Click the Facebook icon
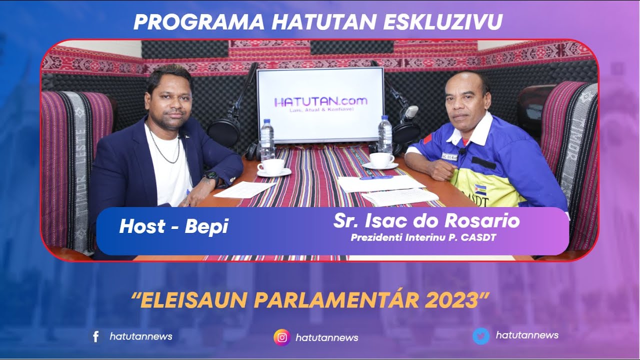[95, 336]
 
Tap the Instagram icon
[282, 337]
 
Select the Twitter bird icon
[481, 336]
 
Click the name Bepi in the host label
[206, 226]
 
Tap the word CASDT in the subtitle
[479, 237]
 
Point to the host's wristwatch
[210, 176]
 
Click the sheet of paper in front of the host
[244, 189]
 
